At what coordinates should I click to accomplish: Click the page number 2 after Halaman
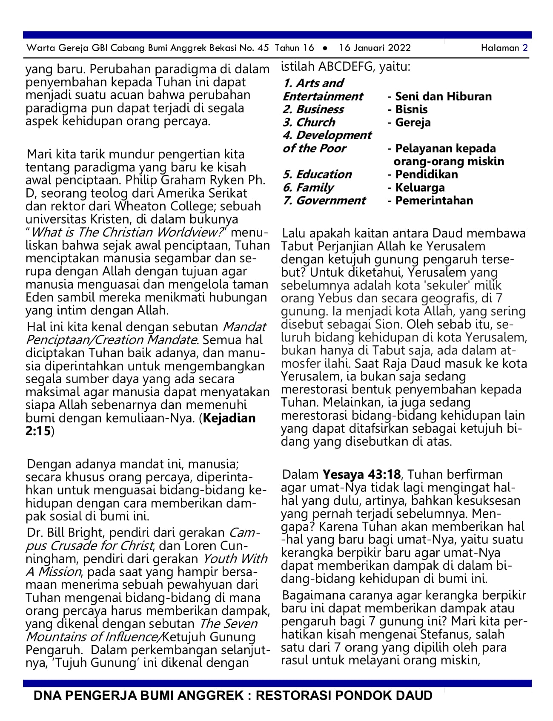point(525,48)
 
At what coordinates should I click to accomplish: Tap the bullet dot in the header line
point(326,48)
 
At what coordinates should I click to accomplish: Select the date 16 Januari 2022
point(375,48)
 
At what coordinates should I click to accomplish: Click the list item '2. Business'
point(313,109)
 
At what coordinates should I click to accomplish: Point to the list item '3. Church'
point(309,123)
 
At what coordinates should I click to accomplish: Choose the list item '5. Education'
point(317,175)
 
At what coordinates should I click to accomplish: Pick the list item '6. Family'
point(308,188)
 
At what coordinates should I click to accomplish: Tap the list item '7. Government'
point(324,201)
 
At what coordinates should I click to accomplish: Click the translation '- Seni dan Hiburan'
point(439,97)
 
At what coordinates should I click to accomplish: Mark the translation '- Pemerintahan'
point(430,201)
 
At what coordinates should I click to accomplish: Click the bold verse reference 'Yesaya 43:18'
point(361,474)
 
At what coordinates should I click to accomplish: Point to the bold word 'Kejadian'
point(229,418)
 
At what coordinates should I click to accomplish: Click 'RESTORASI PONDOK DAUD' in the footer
point(344,695)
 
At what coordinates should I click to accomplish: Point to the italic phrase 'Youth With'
point(235,559)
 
